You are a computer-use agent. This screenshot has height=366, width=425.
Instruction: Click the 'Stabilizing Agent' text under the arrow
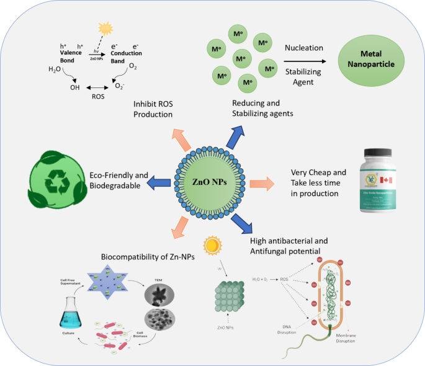[x=303, y=78]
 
